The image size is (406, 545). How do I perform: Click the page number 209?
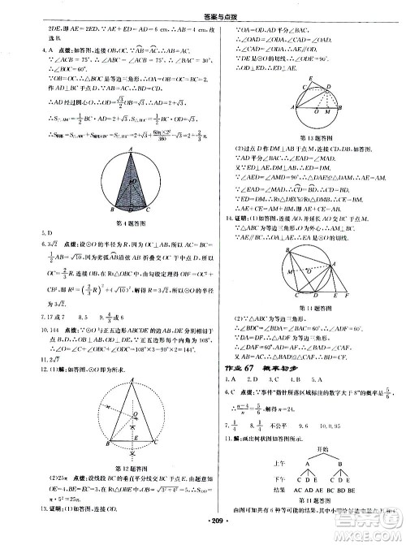click(202, 536)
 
